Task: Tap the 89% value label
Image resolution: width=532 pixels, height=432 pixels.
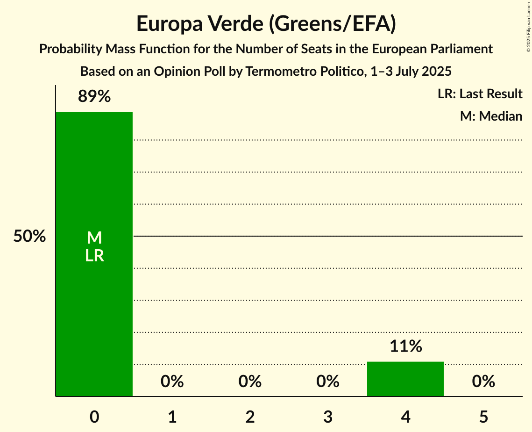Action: pyautogui.click(x=94, y=97)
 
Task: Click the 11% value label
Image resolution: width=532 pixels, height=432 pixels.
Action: pyautogui.click(x=405, y=346)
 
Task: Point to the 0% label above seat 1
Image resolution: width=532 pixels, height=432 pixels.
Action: pyautogui.click(x=172, y=382)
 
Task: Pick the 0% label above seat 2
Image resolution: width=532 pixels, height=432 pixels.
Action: pyautogui.click(x=250, y=382)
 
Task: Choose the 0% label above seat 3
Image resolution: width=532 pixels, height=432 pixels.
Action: pyautogui.click(x=327, y=382)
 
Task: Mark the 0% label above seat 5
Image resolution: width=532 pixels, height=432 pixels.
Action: pyautogui.click(x=483, y=382)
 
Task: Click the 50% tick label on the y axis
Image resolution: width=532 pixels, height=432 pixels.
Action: pyautogui.click(x=29, y=237)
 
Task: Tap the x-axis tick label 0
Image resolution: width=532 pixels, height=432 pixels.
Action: pyautogui.click(x=94, y=417)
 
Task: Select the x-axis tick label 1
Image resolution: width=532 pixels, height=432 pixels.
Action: pyautogui.click(x=172, y=417)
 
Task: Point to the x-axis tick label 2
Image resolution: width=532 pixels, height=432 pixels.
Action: pyautogui.click(x=250, y=417)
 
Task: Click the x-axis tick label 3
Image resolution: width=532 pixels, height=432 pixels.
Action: pyautogui.click(x=327, y=417)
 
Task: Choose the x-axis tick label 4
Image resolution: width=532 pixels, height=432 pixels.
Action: pyautogui.click(x=405, y=417)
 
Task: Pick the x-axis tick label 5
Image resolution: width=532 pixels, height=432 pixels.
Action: pyautogui.click(x=483, y=417)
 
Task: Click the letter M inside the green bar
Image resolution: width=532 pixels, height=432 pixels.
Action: pyautogui.click(x=94, y=238)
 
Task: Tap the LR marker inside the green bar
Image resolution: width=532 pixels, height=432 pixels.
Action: pyautogui.click(x=94, y=256)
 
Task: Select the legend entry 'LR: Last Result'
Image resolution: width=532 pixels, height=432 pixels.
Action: pyautogui.click(x=480, y=94)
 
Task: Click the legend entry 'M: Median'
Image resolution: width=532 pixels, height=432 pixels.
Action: pyautogui.click(x=491, y=116)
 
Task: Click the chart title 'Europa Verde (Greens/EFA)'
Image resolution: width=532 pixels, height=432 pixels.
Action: pyautogui.click(x=266, y=24)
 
